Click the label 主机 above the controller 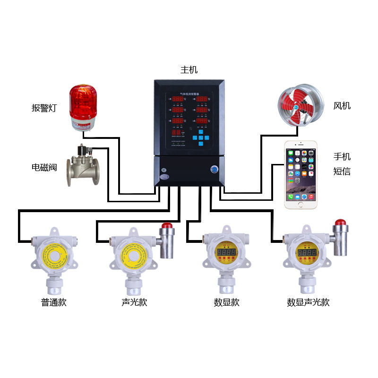tap(189, 70)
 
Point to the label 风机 tap(342, 106)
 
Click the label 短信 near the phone tap(342, 172)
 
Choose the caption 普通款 tap(53, 302)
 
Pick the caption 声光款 tap(134, 302)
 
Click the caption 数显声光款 tap(308, 302)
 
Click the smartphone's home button tap(301, 205)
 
